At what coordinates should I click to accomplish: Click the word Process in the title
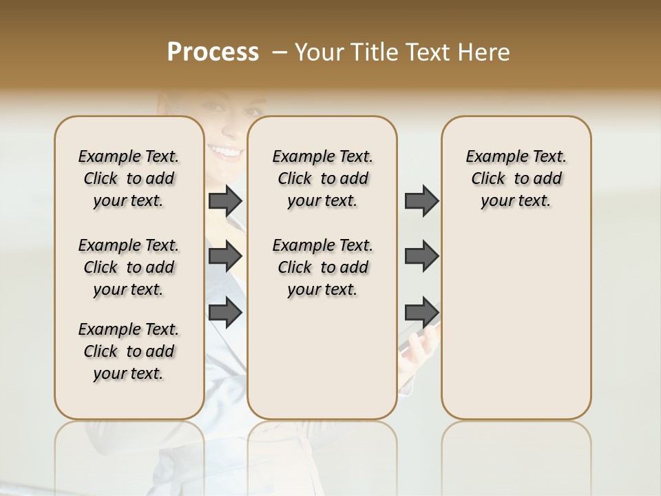click(x=213, y=52)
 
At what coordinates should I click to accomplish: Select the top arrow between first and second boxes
click(x=225, y=200)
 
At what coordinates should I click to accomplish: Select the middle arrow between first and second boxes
click(x=225, y=256)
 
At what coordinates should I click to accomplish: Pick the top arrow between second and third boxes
click(x=421, y=200)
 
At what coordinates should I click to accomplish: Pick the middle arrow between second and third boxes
click(x=421, y=256)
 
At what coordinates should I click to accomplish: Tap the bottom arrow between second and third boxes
click(x=421, y=312)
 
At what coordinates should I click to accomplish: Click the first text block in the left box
click(x=129, y=178)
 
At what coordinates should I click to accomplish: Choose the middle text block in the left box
click(x=129, y=267)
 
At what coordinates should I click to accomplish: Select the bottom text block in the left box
click(x=129, y=351)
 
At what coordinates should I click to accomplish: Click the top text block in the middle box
click(x=322, y=178)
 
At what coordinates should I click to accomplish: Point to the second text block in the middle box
click(x=322, y=267)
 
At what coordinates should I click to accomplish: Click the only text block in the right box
click(x=516, y=178)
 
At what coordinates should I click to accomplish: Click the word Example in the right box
click(x=492, y=157)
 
